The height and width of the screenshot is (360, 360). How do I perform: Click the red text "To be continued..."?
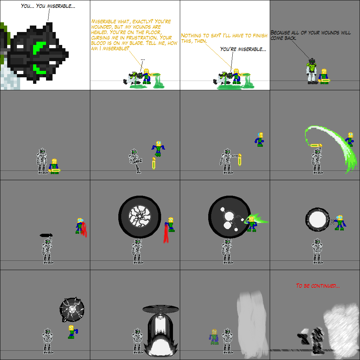(x=318, y=286)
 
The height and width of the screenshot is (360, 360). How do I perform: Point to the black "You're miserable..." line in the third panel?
(x=243, y=49)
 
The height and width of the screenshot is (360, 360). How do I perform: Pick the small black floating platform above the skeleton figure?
(x=46, y=235)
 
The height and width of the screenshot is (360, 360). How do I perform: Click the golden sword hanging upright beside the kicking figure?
(x=154, y=163)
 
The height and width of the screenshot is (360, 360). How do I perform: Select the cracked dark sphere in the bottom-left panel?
(x=72, y=309)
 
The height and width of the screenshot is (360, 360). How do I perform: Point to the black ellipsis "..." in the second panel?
(x=143, y=59)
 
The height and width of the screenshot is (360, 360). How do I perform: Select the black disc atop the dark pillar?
(x=160, y=309)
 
